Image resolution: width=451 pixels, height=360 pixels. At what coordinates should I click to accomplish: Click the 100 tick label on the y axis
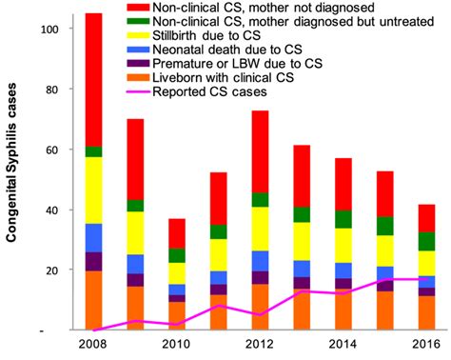[x=48, y=29]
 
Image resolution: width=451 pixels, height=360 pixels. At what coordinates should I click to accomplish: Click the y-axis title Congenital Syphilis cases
[x=13, y=181]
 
